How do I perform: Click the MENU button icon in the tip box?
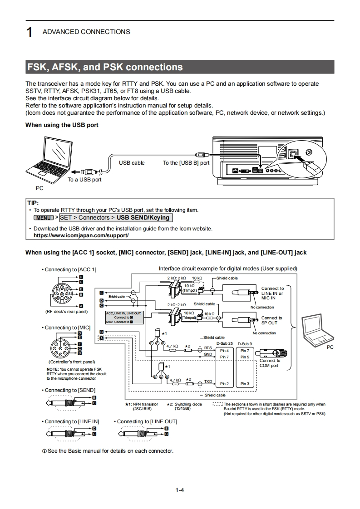pyautogui.click(x=44, y=218)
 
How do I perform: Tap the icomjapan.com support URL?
pyautogui.click(x=81, y=235)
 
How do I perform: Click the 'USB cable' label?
pyautogui.click(x=132, y=162)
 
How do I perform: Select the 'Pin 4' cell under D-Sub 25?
pyautogui.click(x=224, y=351)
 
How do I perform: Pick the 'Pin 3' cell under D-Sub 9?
pyautogui.click(x=245, y=384)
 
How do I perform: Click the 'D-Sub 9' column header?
pyautogui.click(x=245, y=343)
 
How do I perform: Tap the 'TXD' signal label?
pyautogui.click(x=208, y=382)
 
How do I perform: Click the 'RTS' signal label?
pyautogui.click(x=208, y=348)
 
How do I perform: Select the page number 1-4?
pyautogui.click(x=180, y=490)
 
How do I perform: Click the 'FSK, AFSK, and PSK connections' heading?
pyautogui.click(x=105, y=68)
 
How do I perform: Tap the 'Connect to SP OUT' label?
pyautogui.click(x=271, y=320)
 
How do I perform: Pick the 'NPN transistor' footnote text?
pyautogui.click(x=144, y=404)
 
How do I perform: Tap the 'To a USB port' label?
pyautogui.click(x=84, y=180)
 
